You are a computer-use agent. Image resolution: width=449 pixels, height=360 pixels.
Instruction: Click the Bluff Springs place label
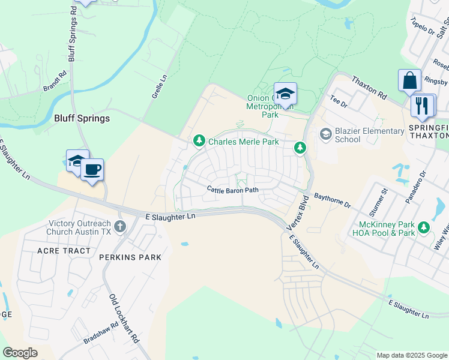pos(82,118)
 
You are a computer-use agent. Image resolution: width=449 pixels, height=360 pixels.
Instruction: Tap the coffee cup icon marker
pos(92,170)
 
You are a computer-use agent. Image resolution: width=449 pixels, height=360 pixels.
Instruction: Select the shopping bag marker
pos(409,80)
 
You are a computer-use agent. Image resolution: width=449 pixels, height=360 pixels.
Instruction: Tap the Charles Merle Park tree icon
pos(199,141)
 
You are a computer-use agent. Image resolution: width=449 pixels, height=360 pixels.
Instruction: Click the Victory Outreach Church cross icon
pos(120,226)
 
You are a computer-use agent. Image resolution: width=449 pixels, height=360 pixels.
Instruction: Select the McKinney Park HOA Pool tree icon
pos(424,227)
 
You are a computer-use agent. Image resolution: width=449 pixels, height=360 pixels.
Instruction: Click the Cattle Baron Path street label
pos(233,190)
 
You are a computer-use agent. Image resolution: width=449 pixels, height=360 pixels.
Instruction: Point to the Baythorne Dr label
pos(333,200)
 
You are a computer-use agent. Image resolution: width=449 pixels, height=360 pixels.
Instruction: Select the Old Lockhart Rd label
pos(124,318)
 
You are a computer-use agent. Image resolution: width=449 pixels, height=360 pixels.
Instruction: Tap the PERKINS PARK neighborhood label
pos(131,257)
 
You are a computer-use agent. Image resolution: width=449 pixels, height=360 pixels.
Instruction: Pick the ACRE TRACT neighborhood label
pos(64,251)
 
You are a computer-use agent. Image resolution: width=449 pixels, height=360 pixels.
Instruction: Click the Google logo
pos(20,352)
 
